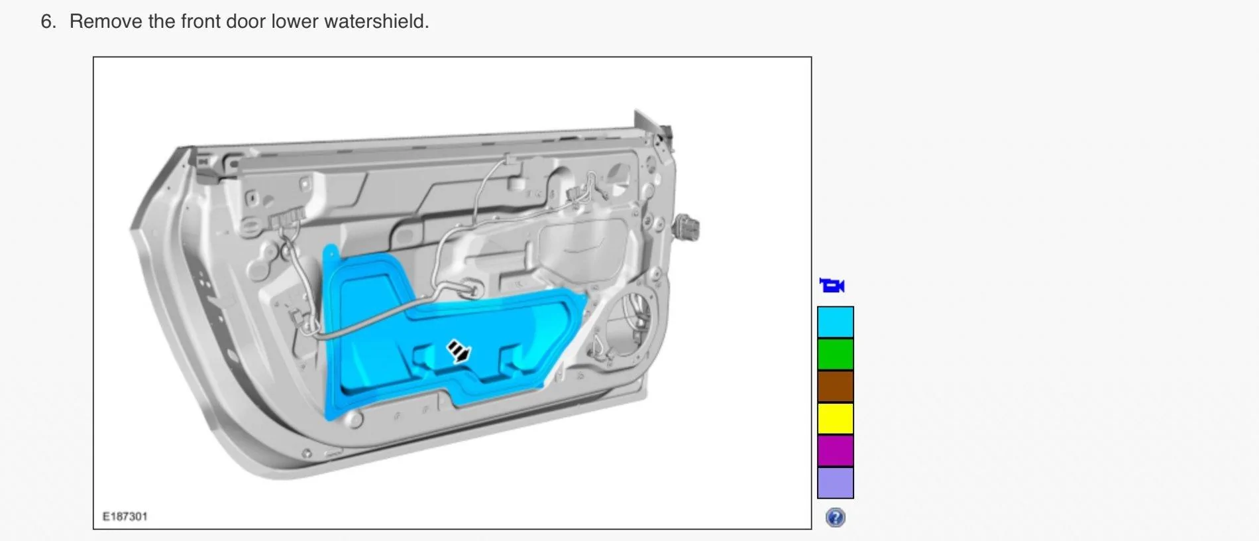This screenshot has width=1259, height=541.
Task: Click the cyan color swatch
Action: click(x=835, y=322)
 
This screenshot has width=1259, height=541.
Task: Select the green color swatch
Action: click(x=835, y=354)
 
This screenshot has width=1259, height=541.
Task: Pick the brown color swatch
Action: click(x=835, y=387)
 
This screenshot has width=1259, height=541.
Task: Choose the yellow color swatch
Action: click(x=835, y=418)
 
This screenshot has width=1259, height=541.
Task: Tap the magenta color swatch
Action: click(x=835, y=451)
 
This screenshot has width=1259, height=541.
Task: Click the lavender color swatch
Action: click(x=835, y=483)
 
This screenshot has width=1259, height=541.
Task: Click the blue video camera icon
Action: click(x=832, y=286)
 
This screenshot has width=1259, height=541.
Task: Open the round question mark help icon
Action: click(x=835, y=517)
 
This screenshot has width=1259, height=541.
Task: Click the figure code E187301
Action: click(x=125, y=516)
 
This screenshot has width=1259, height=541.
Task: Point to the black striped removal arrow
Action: click(x=458, y=351)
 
